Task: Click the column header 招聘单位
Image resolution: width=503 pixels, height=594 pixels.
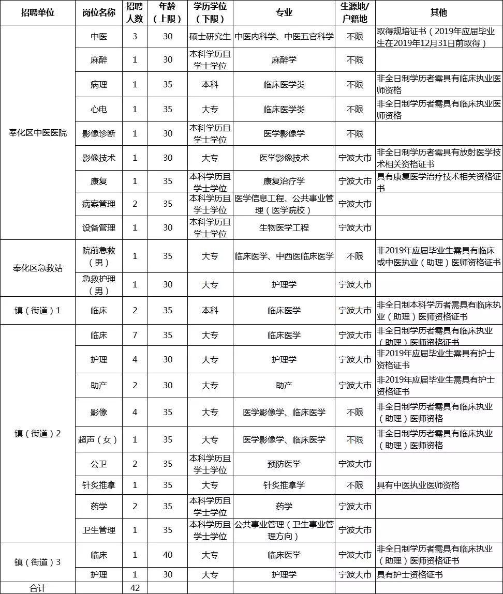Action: tap(37, 12)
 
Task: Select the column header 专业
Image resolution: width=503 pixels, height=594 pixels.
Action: tap(284, 12)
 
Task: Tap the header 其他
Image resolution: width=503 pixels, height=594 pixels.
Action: tap(438, 12)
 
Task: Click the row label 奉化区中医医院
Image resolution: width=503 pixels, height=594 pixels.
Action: tap(37, 133)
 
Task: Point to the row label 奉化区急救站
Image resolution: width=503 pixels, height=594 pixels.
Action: tap(37, 268)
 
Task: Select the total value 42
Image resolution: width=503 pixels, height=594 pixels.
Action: tap(135, 588)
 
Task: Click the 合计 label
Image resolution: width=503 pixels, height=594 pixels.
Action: tap(37, 588)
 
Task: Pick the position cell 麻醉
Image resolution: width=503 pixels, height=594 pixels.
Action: tap(98, 60)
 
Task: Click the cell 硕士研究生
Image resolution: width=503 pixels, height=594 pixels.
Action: tap(210, 37)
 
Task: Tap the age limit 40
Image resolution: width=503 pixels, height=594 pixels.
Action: tap(168, 555)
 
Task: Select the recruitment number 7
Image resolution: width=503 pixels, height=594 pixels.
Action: tap(135, 335)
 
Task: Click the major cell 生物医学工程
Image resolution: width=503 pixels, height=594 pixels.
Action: tap(284, 227)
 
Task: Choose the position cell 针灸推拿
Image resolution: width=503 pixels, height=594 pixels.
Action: tap(98, 485)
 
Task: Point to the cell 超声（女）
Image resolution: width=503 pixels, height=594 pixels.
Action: tap(98, 439)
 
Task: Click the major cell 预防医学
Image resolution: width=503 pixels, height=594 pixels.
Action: tap(284, 464)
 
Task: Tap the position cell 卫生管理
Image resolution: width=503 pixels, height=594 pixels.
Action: tap(98, 530)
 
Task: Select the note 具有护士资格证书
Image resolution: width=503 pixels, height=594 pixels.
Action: tap(410, 574)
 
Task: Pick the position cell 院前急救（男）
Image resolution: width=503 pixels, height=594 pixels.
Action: tap(98, 256)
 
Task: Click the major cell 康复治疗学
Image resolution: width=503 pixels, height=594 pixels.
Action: tap(284, 181)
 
